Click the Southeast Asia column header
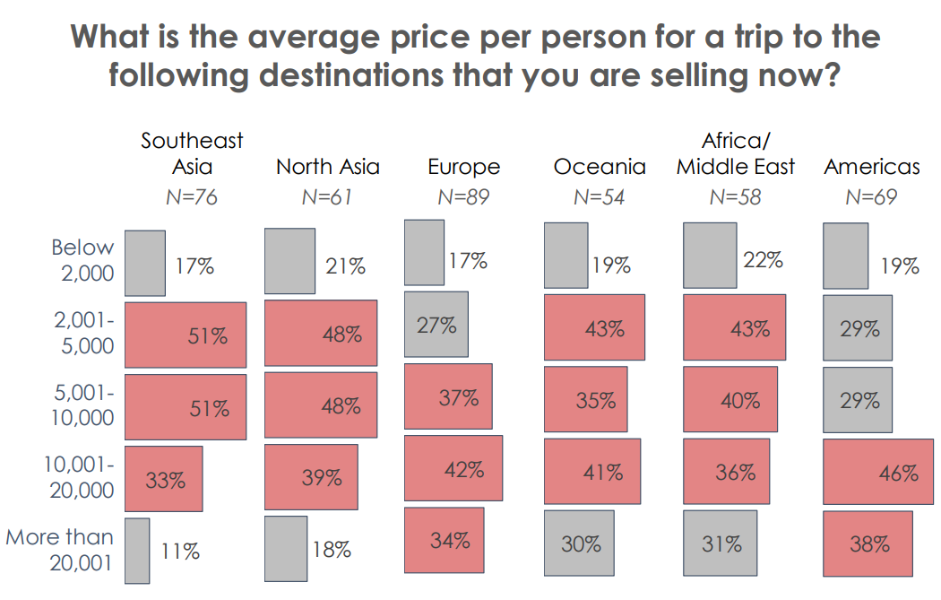pos(192,153)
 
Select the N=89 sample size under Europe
pos(463,197)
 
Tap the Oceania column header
pos(600,167)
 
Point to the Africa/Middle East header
pos(736,153)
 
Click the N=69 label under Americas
pos(872,197)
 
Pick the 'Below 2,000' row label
pos(82,260)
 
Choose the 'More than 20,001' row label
pos(59,550)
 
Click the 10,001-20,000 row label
pos(78,478)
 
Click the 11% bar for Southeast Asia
pos(137,550)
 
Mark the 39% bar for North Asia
pos(312,477)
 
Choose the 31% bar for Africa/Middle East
pos(720,544)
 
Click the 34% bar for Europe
pos(445,540)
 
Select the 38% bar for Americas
pos(868,544)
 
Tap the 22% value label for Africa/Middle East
pos(764,260)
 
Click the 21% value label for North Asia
pos(345,265)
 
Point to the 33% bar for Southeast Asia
pos(164,478)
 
